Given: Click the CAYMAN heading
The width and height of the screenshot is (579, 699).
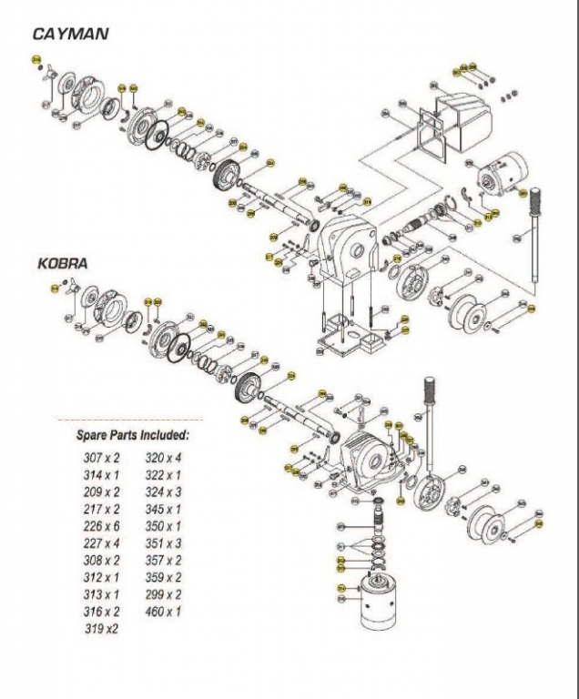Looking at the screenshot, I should (x=71, y=35).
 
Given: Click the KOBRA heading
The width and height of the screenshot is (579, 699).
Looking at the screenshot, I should (x=63, y=264).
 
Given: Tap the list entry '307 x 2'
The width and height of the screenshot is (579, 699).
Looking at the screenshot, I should (x=102, y=458).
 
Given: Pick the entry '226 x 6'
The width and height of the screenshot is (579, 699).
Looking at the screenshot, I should (x=102, y=525).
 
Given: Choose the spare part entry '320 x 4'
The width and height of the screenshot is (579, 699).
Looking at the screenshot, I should (x=164, y=458).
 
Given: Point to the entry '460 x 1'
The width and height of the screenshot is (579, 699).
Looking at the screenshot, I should (x=164, y=611).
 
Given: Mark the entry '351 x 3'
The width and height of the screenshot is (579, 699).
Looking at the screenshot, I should (x=164, y=543).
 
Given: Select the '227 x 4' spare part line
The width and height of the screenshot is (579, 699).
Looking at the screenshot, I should (x=102, y=543).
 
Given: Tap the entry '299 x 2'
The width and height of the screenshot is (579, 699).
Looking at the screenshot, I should (x=164, y=594).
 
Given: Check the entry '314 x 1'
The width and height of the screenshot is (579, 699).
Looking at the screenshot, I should (x=102, y=475).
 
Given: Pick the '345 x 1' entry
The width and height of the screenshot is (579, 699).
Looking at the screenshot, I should (x=164, y=509).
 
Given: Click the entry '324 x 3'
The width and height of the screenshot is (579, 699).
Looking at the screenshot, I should (x=164, y=492).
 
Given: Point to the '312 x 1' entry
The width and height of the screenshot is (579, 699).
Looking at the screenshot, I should (x=102, y=577).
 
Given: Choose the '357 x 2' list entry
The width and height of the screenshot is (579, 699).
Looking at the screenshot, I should (x=164, y=560).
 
